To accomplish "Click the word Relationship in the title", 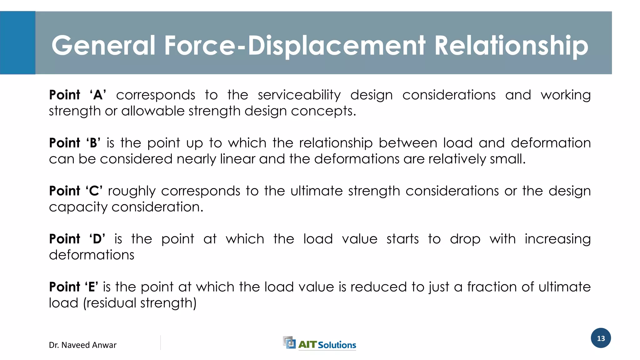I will pyautogui.click(x=511, y=46).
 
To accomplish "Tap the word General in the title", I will pyautogui.click(x=103, y=46).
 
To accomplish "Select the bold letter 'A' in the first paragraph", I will pyautogui.click(x=98, y=95).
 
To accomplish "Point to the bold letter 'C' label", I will pyautogui.click(x=94, y=191).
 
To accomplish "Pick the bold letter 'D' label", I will pyautogui.click(x=97, y=239).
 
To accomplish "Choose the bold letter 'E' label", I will pyautogui.click(x=92, y=287).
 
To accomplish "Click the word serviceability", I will pyautogui.click(x=299, y=95).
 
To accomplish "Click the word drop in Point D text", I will pyautogui.click(x=465, y=239).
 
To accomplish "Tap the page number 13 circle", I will pyautogui.click(x=601, y=338).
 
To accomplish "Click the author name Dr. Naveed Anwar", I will pyautogui.click(x=82, y=345).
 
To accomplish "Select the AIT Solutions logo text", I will pyautogui.click(x=327, y=345).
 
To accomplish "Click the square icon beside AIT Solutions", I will pyautogui.click(x=289, y=342).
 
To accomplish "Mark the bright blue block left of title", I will pyautogui.click(x=17, y=43).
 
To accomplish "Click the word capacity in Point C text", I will pyautogui.click(x=78, y=207).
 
